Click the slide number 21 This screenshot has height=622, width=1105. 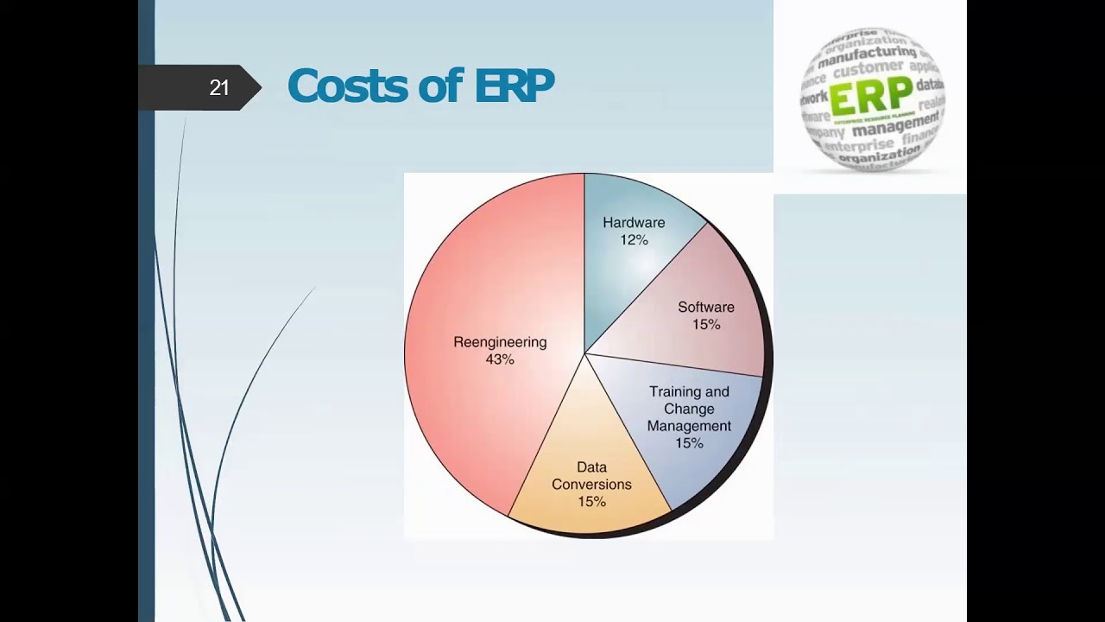tap(218, 88)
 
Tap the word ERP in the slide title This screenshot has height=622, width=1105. tap(514, 86)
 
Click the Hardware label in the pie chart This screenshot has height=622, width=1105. tap(634, 223)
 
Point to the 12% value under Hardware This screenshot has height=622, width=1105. tap(634, 240)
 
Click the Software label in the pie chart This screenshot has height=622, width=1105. tap(706, 308)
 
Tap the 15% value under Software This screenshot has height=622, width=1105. tap(706, 325)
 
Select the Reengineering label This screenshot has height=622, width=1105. tap(500, 342)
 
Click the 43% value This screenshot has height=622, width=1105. tap(500, 359)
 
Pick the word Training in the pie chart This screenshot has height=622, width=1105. tap(675, 392)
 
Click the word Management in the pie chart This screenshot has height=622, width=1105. tap(689, 426)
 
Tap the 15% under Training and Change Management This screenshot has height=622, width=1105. tap(689, 443)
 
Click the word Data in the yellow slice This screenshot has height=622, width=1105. tap(591, 467)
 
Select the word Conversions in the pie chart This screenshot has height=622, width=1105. tap(591, 485)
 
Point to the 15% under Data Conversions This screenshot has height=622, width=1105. tap(591, 502)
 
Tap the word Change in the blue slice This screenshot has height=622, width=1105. tap(689, 409)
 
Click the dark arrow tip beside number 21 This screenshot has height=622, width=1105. tap(251, 87)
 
